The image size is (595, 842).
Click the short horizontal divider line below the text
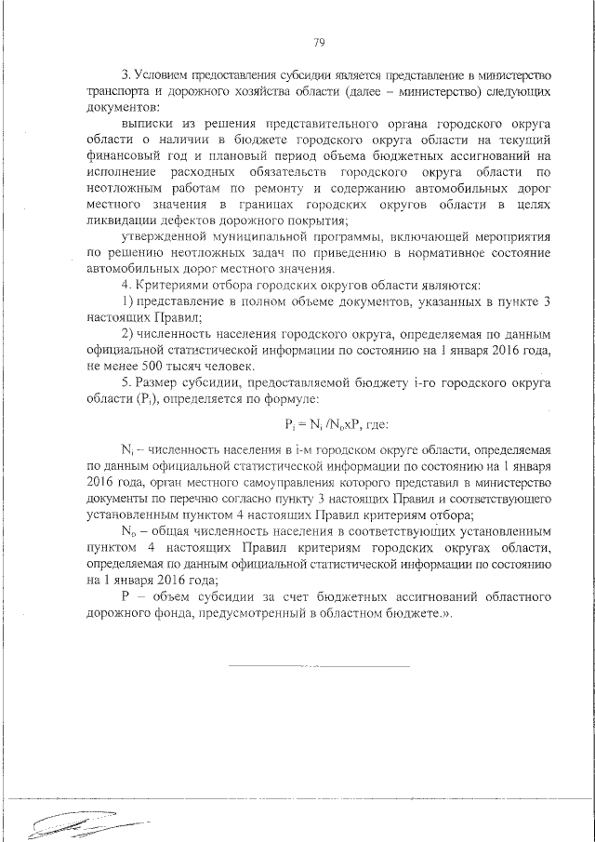(318, 666)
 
